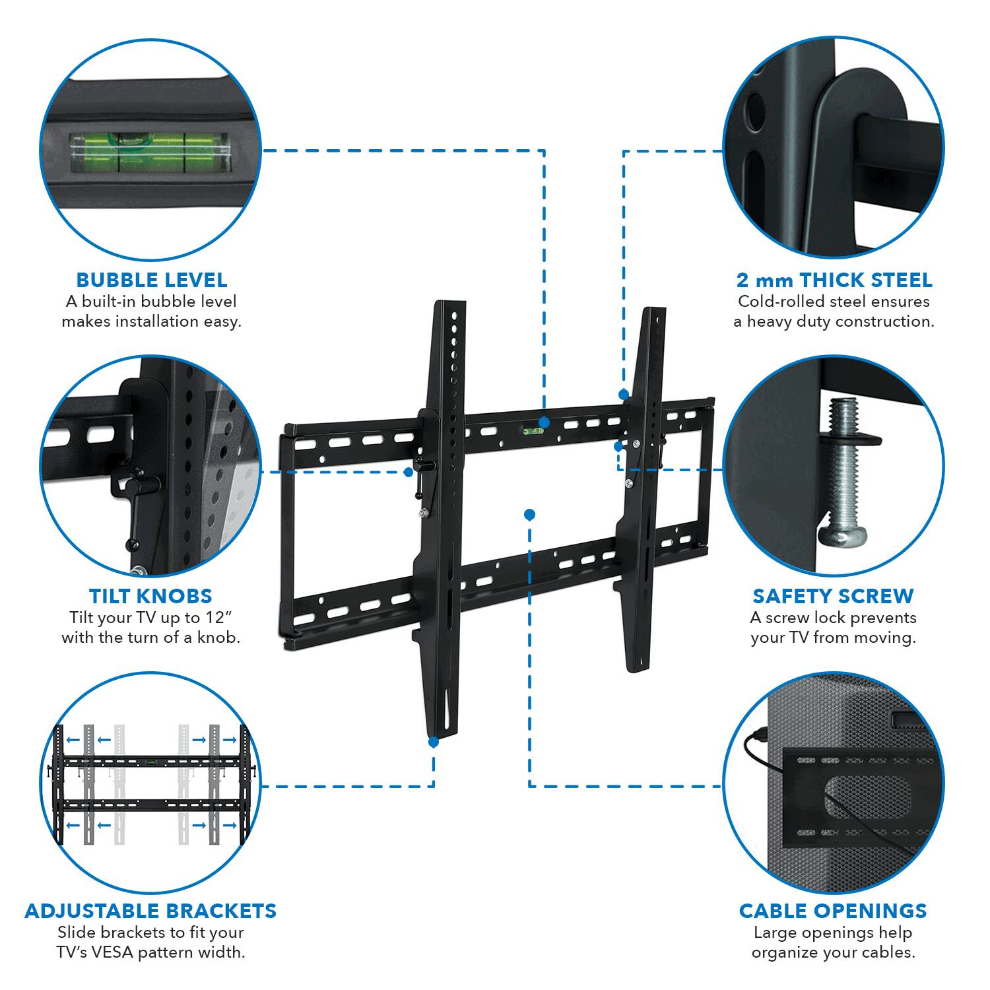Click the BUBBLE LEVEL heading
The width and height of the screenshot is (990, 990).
pos(151,280)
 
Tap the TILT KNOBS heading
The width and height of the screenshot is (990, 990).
pos(150,596)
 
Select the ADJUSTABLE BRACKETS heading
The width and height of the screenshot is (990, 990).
pos(150,911)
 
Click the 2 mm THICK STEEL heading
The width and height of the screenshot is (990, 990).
pos(834,280)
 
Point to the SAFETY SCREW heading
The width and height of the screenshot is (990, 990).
pos(833,596)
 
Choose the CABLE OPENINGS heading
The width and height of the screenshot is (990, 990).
pos(833,911)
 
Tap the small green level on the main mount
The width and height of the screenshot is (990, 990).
pos(530,433)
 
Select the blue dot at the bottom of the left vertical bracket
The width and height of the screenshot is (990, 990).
pos(434,742)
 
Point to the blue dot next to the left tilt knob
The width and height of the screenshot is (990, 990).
pos(409,472)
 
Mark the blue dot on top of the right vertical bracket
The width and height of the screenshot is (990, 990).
pos(623,394)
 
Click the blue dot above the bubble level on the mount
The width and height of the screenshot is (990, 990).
pos(544,422)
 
